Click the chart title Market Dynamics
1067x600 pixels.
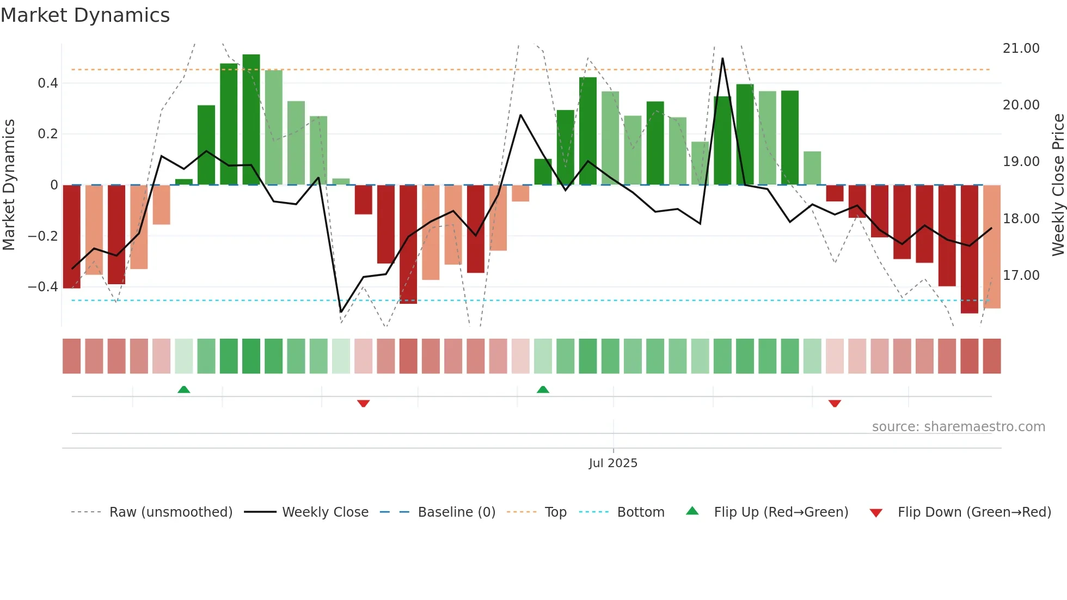(85, 15)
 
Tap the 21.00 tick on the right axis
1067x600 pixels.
(1021, 48)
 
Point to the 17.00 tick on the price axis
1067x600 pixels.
(1021, 275)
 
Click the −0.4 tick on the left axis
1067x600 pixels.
(42, 287)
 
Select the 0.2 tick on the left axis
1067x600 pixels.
(47, 134)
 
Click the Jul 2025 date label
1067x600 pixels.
(613, 463)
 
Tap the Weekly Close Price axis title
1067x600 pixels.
(1058, 185)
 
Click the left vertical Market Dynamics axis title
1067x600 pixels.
(9, 185)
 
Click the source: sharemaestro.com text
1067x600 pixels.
(958, 427)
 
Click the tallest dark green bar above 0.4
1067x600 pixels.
(251, 120)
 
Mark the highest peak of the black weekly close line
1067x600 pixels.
(722, 58)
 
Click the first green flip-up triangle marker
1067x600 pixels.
(184, 389)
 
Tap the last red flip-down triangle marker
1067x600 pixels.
(835, 403)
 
